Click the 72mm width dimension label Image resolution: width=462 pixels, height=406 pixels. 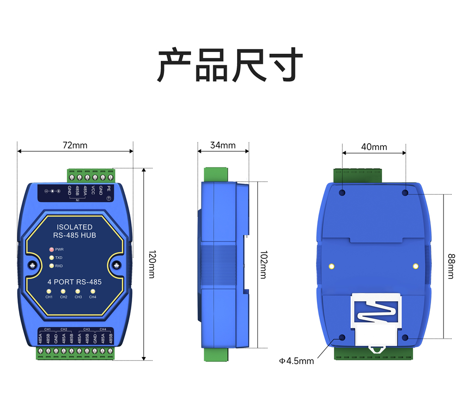[75, 145]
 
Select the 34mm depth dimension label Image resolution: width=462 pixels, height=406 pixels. [223, 145]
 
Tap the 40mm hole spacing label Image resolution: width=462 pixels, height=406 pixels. [374, 147]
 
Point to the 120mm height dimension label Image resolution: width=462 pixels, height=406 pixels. [151, 264]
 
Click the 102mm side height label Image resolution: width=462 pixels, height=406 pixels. [263, 264]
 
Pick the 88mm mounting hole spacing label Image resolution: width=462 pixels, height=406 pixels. [450, 266]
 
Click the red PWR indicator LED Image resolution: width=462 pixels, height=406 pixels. [52, 249]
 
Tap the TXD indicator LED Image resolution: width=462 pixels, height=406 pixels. [52, 257]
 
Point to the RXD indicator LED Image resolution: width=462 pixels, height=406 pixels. [52, 266]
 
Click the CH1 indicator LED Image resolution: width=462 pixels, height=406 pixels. [49, 291]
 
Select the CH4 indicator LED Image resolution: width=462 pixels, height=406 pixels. [92, 291]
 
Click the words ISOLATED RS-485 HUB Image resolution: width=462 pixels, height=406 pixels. [74, 231]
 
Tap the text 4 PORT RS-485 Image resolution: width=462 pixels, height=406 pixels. [74, 282]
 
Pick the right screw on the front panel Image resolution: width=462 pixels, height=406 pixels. [116, 265]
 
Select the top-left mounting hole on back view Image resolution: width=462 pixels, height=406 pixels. [342, 192]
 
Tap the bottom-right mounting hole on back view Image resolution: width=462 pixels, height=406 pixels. [405, 338]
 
